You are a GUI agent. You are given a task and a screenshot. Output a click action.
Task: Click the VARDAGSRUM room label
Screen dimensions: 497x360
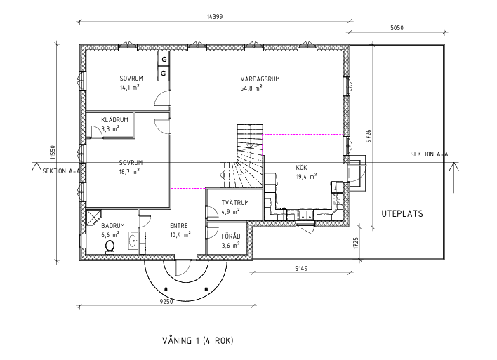click(260, 79)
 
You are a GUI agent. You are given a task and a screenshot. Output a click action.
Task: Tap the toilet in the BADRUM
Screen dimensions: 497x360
click(110, 246)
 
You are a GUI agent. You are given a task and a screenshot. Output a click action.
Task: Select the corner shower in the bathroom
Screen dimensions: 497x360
click(93, 217)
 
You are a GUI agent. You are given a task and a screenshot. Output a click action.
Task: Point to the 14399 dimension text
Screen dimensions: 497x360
click(215, 16)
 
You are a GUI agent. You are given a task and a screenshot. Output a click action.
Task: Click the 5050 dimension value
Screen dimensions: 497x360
click(397, 28)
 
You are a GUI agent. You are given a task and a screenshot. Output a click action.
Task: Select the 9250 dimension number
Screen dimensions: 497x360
click(166, 301)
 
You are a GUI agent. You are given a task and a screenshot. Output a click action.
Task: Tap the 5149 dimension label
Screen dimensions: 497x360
click(301, 269)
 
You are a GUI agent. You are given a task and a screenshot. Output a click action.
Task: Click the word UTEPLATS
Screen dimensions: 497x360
click(402, 213)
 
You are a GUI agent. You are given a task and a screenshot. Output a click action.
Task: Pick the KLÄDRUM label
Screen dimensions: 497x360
click(114, 120)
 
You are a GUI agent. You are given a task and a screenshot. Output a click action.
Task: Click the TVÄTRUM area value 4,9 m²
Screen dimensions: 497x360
click(230, 212)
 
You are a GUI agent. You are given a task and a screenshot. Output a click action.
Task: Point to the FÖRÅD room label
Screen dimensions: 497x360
click(231, 236)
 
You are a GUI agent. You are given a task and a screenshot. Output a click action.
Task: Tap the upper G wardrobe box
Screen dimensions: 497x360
click(164, 59)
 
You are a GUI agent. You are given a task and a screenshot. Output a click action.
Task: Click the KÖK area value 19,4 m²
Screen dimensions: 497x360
click(307, 177)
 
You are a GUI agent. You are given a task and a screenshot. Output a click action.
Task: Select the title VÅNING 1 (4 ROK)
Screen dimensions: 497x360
click(198, 340)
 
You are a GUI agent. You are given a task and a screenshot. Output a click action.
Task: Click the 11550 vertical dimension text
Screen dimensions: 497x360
click(53, 152)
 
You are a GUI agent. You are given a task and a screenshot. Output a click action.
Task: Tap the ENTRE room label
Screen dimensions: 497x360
click(179, 226)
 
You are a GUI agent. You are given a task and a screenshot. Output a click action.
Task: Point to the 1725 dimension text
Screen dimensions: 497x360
click(356, 243)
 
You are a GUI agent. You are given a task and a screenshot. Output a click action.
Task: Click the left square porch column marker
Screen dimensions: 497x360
click(166, 288)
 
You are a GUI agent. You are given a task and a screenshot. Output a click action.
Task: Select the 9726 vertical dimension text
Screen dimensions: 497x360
click(368, 135)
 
